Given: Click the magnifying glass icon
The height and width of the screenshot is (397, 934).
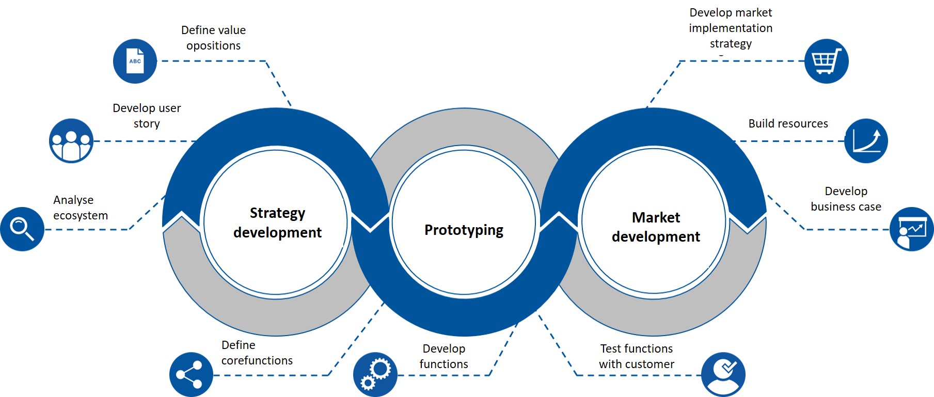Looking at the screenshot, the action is click(x=22, y=229).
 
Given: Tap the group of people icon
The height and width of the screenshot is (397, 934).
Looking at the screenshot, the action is click(x=71, y=141).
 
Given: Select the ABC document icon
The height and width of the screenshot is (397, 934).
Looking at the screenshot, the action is click(x=135, y=61).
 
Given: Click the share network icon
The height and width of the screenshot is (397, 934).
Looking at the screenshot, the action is click(x=191, y=375).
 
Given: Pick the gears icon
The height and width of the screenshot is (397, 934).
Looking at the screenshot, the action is click(x=375, y=375).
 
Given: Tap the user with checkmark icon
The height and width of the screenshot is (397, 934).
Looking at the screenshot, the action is click(x=723, y=375).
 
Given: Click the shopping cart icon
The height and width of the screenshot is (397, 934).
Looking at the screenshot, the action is click(x=826, y=61).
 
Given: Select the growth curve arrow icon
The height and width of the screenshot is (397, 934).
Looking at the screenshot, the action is click(x=866, y=141).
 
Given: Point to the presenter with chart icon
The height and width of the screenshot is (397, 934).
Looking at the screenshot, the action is click(x=911, y=229).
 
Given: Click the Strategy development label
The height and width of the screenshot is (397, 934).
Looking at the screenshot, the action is click(x=277, y=223).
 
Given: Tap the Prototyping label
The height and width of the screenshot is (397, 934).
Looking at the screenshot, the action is click(x=464, y=230).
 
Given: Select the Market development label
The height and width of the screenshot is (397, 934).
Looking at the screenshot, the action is click(x=656, y=227).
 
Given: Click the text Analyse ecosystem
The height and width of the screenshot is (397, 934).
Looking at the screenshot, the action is click(x=81, y=208).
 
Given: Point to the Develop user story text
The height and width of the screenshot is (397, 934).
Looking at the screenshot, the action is click(x=147, y=116).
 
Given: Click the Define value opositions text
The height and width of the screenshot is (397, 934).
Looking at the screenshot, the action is click(x=213, y=38).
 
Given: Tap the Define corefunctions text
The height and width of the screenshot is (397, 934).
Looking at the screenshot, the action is click(x=257, y=353).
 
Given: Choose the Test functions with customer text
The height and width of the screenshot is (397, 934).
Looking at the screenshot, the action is click(x=636, y=356).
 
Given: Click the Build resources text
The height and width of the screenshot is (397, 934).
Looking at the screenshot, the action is click(x=788, y=123).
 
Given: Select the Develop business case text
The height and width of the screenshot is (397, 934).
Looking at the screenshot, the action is click(x=846, y=199).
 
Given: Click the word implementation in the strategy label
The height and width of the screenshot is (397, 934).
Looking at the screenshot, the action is click(x=731, y=28).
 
